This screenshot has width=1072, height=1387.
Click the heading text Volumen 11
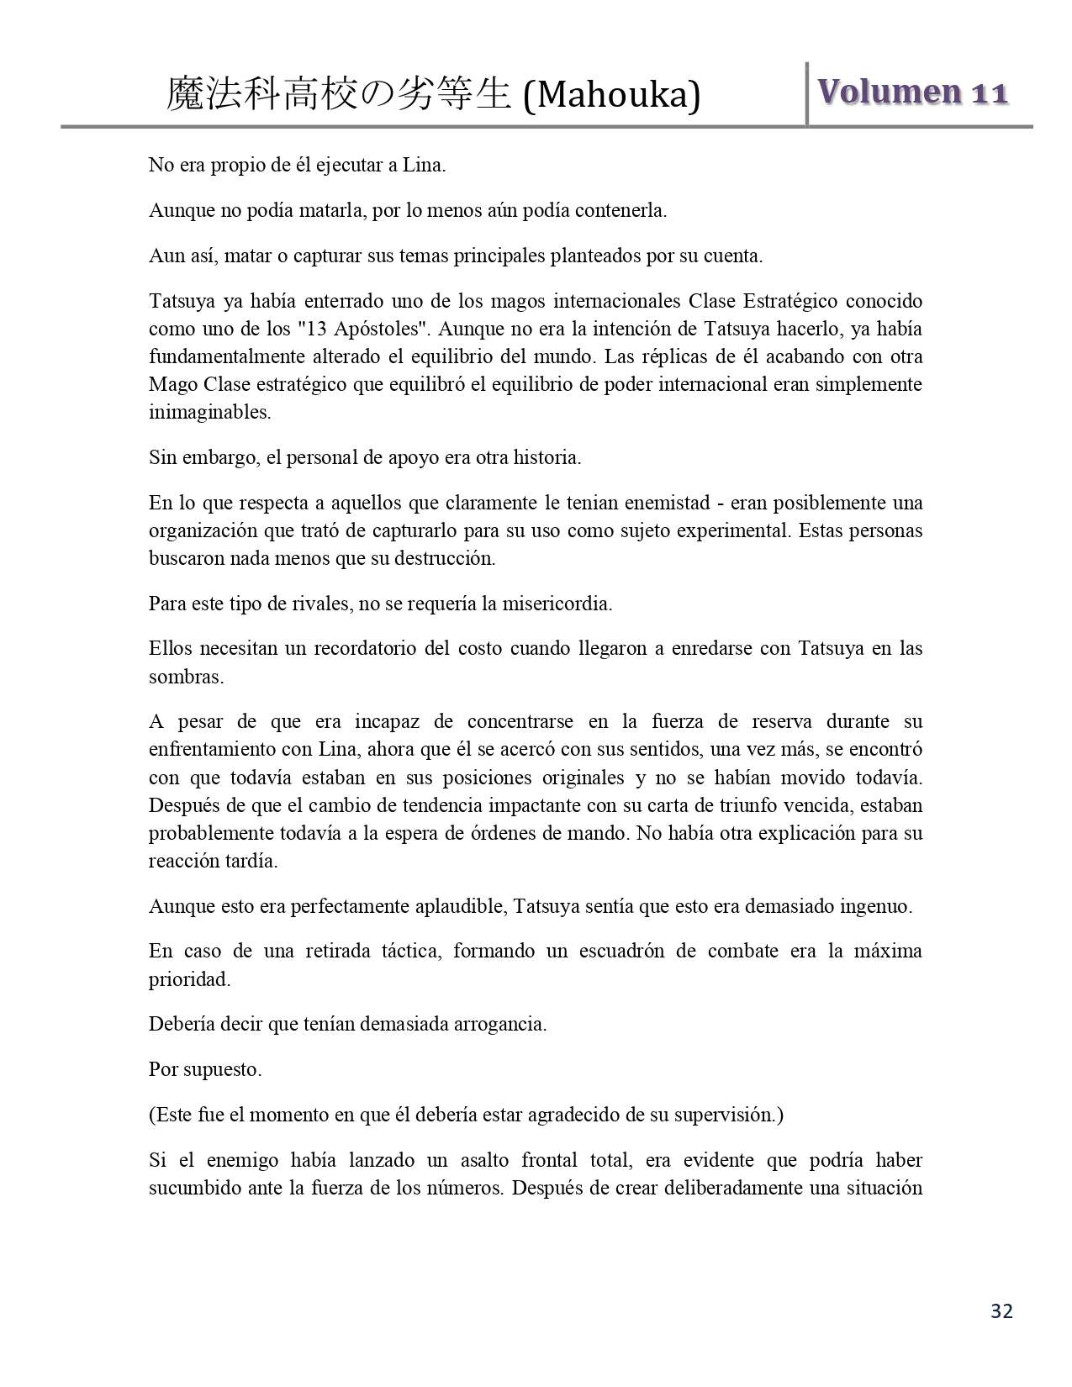tap(912, 92)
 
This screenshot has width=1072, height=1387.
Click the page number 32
tap(1001, 1311)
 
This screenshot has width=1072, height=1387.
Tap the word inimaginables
tap(209, 413)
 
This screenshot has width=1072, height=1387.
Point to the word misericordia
tap(557, 604)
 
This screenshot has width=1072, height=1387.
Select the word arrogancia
tap(499, 1025)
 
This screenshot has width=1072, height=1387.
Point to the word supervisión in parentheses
tap(731, 1115)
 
